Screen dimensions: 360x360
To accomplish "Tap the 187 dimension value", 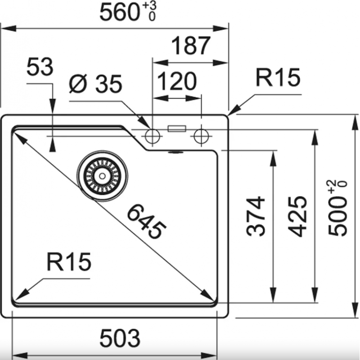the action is [190, 45].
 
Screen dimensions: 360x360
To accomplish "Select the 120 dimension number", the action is [177, 81].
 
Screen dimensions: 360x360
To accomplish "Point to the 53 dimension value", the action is [40, 67].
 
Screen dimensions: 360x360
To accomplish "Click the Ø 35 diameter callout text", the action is [95, 84].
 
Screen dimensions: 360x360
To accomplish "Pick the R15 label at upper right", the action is [278, 77].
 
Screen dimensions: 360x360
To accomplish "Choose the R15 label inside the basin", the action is [69, 261].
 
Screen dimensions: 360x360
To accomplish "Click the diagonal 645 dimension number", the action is [146, 221].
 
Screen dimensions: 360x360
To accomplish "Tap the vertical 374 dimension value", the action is [255, 216].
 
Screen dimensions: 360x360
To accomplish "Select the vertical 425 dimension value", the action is [297, 216].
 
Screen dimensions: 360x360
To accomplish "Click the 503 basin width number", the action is [120, 338].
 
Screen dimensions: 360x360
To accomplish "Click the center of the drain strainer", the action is [102, 176].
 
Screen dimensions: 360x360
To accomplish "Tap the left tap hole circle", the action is [153, 136].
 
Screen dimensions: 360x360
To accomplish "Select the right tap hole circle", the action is [201, 136].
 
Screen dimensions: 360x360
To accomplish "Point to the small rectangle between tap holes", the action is [177, 129].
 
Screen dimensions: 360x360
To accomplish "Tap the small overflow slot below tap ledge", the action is [176, 152].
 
